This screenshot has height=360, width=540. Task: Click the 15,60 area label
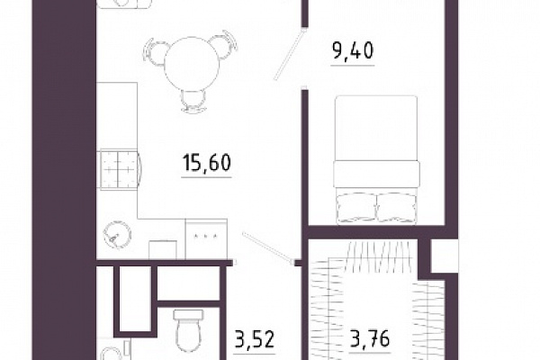pyautogui.click(x=207, y=163)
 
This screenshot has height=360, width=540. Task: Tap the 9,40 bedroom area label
pyautogui.click(x=353, y=51)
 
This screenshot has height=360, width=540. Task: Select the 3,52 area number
pyautogui.click(x=255, y=338)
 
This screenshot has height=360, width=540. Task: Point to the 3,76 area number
pyautogui.click(x=370, y=338)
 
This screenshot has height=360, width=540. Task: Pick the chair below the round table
pyautogui.click(x=193, y=101)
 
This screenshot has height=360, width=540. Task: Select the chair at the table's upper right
pyautogui.click(x=224, y=44)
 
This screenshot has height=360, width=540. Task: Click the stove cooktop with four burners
pyautogui.click(x=119, y=169)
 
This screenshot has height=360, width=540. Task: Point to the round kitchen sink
pyautogui.click(x=117, y=234)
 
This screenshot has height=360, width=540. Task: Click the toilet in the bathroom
pyautogui.click(x=188, y=330)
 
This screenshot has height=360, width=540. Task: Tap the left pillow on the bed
pyautogui.click(x=356, y=208)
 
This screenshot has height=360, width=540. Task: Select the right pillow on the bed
pyautogui.click(x=397, y=208)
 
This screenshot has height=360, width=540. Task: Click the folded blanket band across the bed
pyautogui.click(x=377, y=175)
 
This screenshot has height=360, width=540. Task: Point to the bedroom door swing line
pyautogui.click(x=290, y=54)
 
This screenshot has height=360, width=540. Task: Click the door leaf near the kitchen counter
pyautogui.click(x=267, y=247)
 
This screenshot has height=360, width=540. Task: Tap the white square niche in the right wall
pyautogui.click(x=445, y=256)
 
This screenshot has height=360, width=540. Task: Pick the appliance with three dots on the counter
pyautogui.click(x=206, y=238)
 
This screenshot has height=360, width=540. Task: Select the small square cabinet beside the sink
pyautogui.click(x=163, y=250)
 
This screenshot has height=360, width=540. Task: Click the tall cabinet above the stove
pyautogui.click(x=117, y=115)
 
